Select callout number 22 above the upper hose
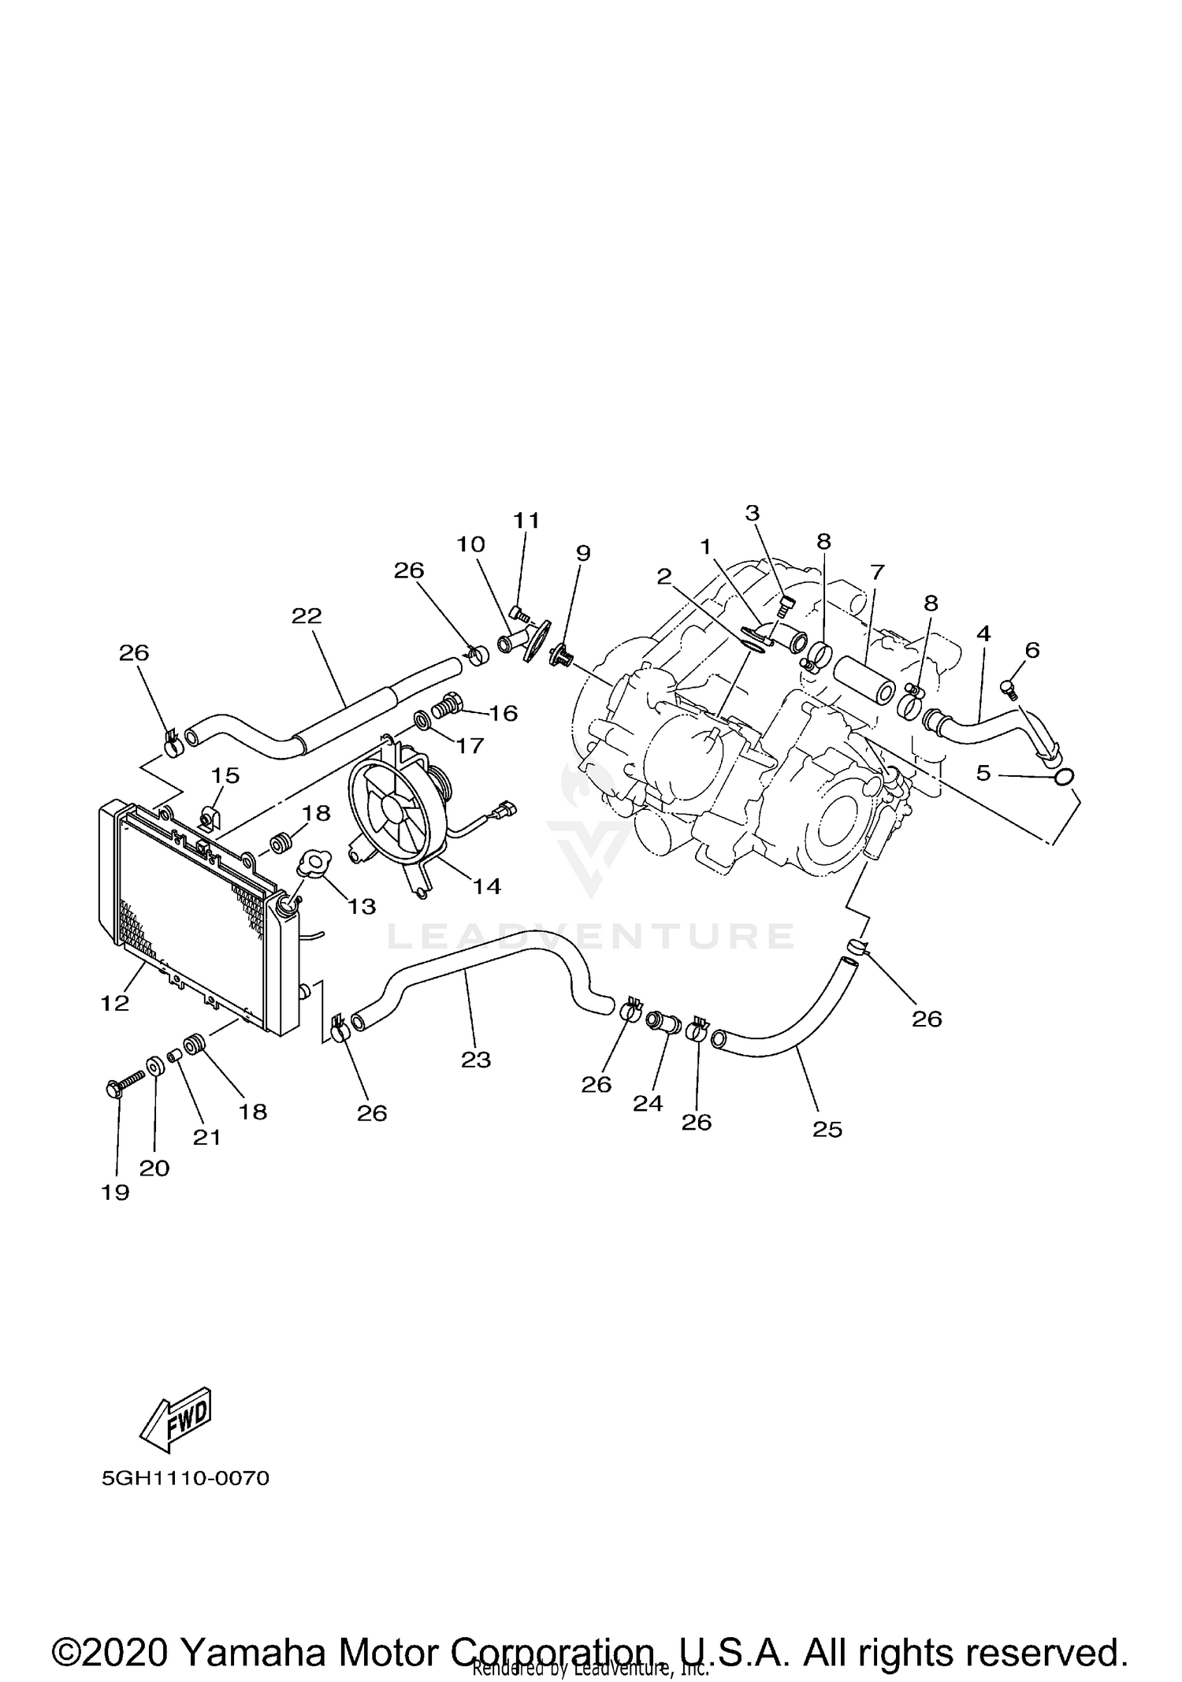pos(307,616)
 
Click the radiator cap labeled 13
pos(315,862)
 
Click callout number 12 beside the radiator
pos(114,1003)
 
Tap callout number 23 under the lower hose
pos(476,1060)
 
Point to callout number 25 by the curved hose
pos(827,1129)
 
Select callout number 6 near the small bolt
pos(1032,650)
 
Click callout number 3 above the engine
pos(752,513)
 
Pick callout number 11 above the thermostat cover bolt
pos(526,520)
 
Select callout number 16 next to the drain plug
pos(503,713)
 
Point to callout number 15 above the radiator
pos(225,775)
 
